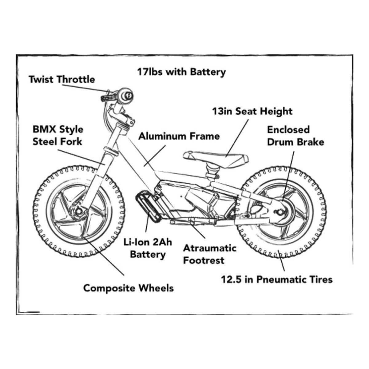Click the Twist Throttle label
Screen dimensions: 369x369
coord(62,80)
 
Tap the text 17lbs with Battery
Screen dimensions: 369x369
coord(181,72)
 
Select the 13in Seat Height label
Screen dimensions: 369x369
coord(252,111)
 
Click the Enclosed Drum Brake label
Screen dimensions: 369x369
coord(295,136)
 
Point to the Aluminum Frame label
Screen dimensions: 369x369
coord(179,136)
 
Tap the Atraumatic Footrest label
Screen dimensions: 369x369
coord(209,254)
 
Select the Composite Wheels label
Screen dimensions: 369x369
coord(129,288)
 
